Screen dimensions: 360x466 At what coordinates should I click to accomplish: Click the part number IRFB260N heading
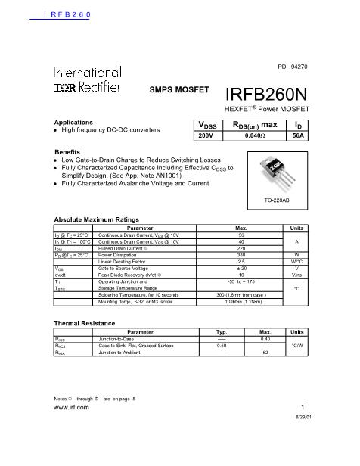coord(268,95)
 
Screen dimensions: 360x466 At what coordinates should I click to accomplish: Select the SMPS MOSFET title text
coord(178,90)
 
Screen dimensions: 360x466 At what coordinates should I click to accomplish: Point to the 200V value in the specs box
coord(206,135)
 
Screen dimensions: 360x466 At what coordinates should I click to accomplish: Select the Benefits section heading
coord(67,152)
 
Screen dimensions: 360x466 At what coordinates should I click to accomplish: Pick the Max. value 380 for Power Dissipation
coord(241,255)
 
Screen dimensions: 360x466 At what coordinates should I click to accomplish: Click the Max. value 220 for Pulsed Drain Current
coord(241,248)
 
